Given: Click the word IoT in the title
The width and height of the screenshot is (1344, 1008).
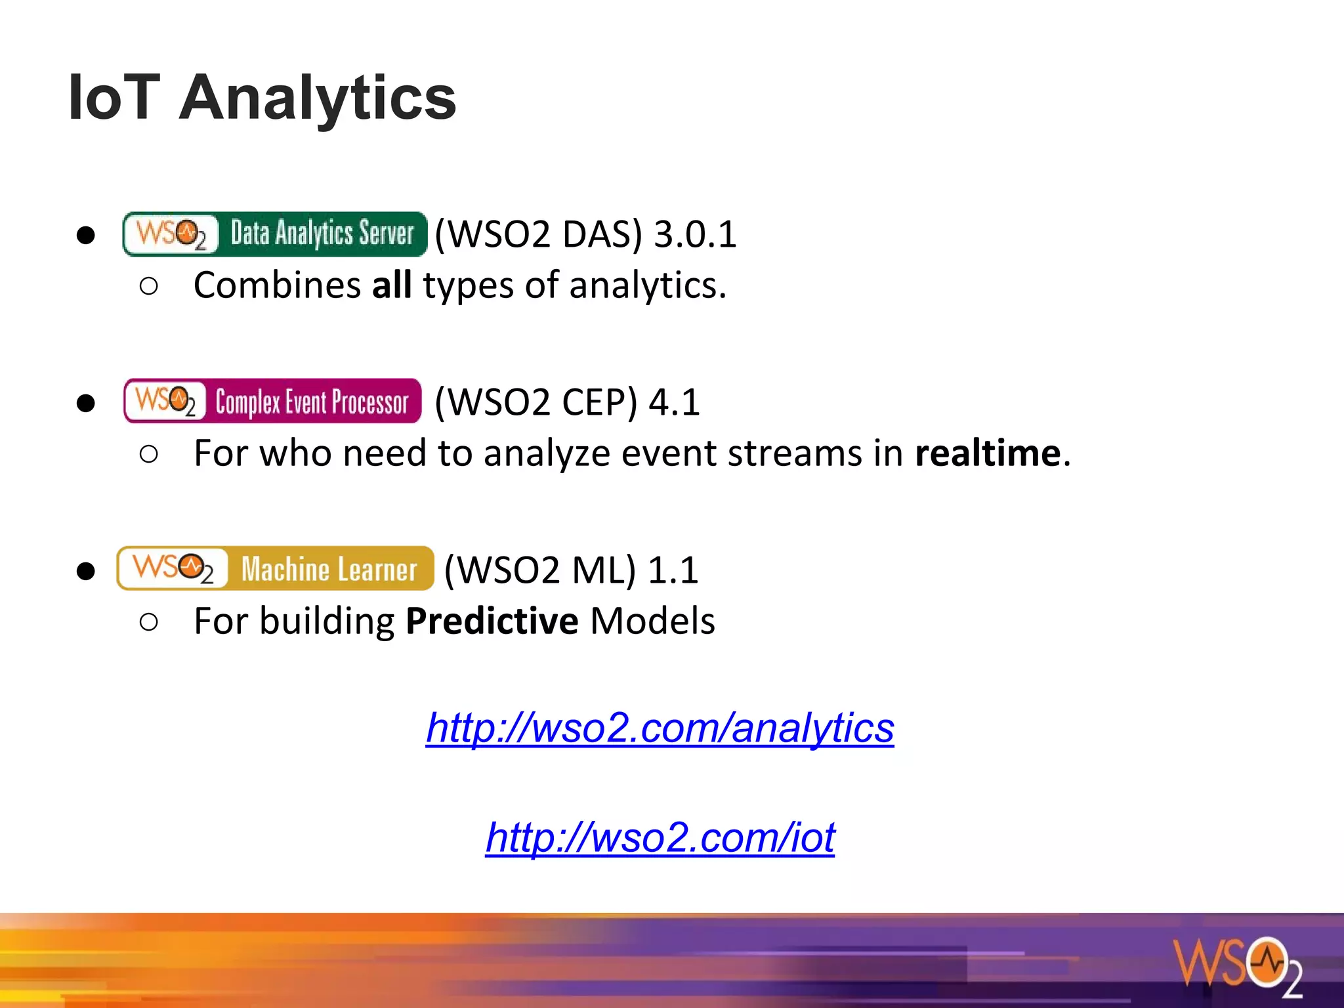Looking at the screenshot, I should tap(114, 98).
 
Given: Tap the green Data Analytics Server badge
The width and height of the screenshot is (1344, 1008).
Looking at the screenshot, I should tap(274, 234).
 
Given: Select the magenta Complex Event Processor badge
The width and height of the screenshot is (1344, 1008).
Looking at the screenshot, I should tap(272, 401).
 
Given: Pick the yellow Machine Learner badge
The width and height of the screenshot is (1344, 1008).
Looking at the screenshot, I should tap(275, 568).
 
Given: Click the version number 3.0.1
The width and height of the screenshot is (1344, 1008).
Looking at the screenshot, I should tap(696, 234).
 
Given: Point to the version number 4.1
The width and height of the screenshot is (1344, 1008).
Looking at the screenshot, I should tap(674, 402).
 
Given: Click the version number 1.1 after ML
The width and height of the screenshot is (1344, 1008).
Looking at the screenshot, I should tap(673, 570).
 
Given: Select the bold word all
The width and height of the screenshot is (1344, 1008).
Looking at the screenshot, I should tap(392, 285).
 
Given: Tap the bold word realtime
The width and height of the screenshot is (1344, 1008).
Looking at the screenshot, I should tap(988, 453).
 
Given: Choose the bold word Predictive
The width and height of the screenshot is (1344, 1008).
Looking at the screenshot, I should tap(492, 621).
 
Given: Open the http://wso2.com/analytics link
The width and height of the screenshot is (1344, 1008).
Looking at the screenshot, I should tap(660, 728).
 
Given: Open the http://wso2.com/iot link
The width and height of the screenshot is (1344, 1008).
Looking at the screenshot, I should tap(660, 837).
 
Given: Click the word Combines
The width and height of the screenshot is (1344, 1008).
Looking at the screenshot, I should tap(277, 285).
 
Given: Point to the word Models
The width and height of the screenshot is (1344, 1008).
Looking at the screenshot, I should tap(652, 621).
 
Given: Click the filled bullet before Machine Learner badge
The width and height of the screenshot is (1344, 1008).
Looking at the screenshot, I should tap(85, 571).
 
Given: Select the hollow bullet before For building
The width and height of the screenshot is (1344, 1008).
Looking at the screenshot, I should tap(149, 621).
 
